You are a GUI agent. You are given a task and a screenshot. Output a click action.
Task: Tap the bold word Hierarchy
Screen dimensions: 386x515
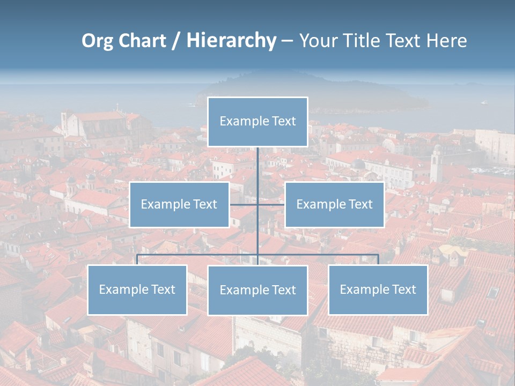pos(231,41)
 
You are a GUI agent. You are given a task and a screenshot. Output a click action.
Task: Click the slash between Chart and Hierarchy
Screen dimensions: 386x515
pos(176,41)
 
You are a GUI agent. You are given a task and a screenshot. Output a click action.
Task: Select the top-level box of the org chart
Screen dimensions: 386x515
pos(257,122)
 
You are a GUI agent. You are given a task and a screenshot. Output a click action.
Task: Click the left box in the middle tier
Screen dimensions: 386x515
pos(179,204)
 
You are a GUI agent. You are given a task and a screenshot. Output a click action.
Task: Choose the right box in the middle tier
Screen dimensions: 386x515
pos(334,204)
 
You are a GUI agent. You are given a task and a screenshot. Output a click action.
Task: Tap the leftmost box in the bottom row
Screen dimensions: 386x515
pos(137,289)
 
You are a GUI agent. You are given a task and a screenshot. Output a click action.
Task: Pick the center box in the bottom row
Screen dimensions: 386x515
pos(257,290)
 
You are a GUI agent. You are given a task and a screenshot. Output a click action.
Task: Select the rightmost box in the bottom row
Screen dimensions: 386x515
pos(378,289)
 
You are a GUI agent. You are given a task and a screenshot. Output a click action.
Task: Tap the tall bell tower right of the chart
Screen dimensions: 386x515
pos(436,164)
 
